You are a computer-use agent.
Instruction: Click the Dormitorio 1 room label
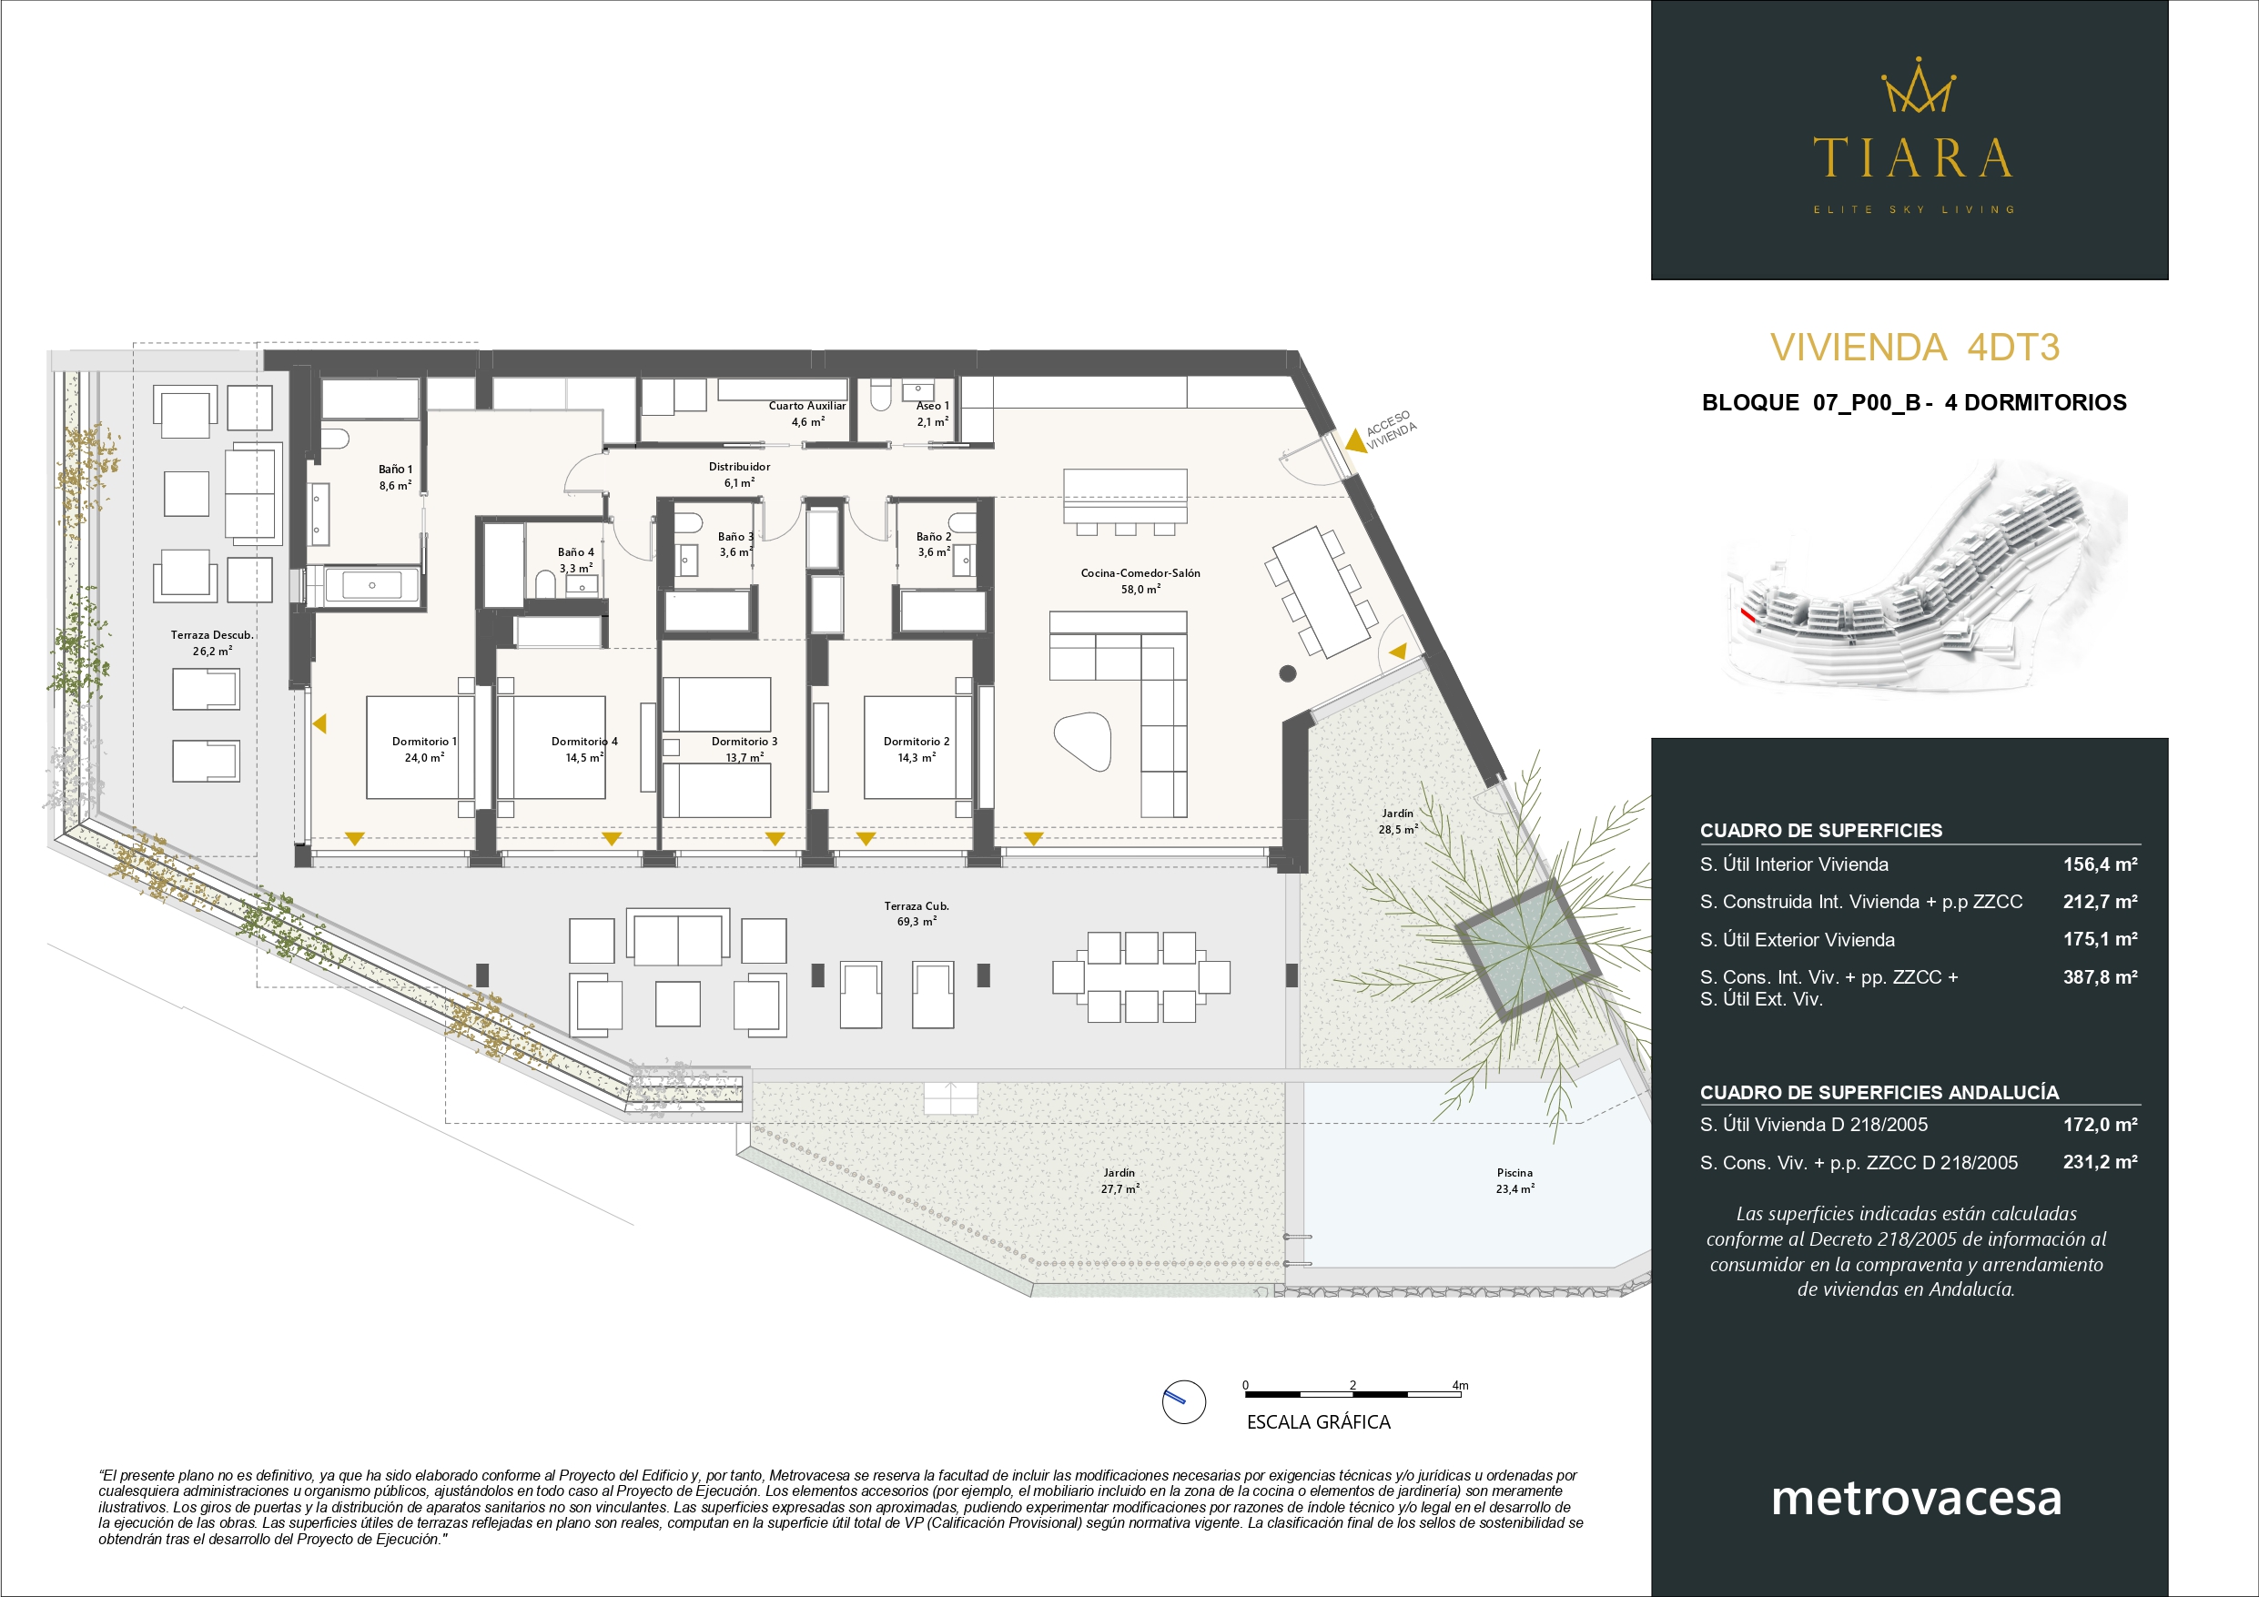coord(424,741)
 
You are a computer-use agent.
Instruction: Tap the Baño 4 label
coord(575,552)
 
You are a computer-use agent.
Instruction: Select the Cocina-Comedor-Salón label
coord(1140,572)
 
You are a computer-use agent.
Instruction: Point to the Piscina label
coord(1515,1172)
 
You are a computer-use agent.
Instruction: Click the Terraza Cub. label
coord(916,905)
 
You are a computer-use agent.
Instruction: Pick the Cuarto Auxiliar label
coord(806,406)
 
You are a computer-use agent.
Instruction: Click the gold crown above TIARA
coord(1918,86)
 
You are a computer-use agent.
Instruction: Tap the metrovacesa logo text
coord(1916,1497)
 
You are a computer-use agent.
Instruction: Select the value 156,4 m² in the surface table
coord(2100,864)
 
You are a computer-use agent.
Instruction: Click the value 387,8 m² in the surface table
coord(2100,976)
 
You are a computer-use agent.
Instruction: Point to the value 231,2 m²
coord(2100,1161)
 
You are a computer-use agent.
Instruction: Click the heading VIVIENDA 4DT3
coord(1915,348)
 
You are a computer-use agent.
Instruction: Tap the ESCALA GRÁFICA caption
coord(1319,1422)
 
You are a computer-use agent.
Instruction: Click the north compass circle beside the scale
coord(1183,1401)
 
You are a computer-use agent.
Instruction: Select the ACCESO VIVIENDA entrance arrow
coord(1355,440)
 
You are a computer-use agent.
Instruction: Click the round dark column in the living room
coord(1288,674)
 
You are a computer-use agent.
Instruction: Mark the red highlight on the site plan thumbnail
coord(1747,616)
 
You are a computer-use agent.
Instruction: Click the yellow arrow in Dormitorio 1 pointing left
coord(319,724)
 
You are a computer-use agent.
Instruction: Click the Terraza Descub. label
coord(211,634)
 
